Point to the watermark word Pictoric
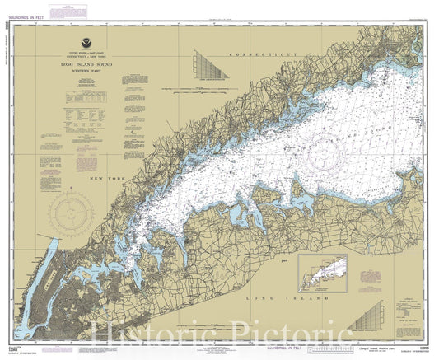(292, 334)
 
